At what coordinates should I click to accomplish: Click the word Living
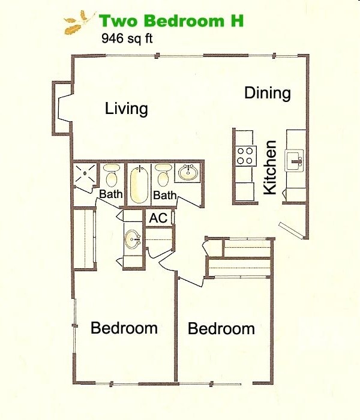point(126,109)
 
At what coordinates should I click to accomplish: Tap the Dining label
point(268,94)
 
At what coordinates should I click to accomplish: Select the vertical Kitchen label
point(271,167)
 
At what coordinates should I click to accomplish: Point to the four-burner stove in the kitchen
point(245,156)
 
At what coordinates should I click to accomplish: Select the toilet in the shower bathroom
point(110,175)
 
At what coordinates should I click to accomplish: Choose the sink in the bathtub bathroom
point(188,174)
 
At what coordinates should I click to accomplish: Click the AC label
point(158,218)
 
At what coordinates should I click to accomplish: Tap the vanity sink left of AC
point(132,241)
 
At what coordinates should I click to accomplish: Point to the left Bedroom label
point(124,328)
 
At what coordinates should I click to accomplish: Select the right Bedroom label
point(221,329)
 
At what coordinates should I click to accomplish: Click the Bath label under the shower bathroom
point(110,194)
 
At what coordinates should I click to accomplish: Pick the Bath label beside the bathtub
point(164,196)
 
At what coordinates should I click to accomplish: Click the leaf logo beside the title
point(78,22)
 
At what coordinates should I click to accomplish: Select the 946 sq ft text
point(127,40)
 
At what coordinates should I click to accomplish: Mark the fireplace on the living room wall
point(62,109)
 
